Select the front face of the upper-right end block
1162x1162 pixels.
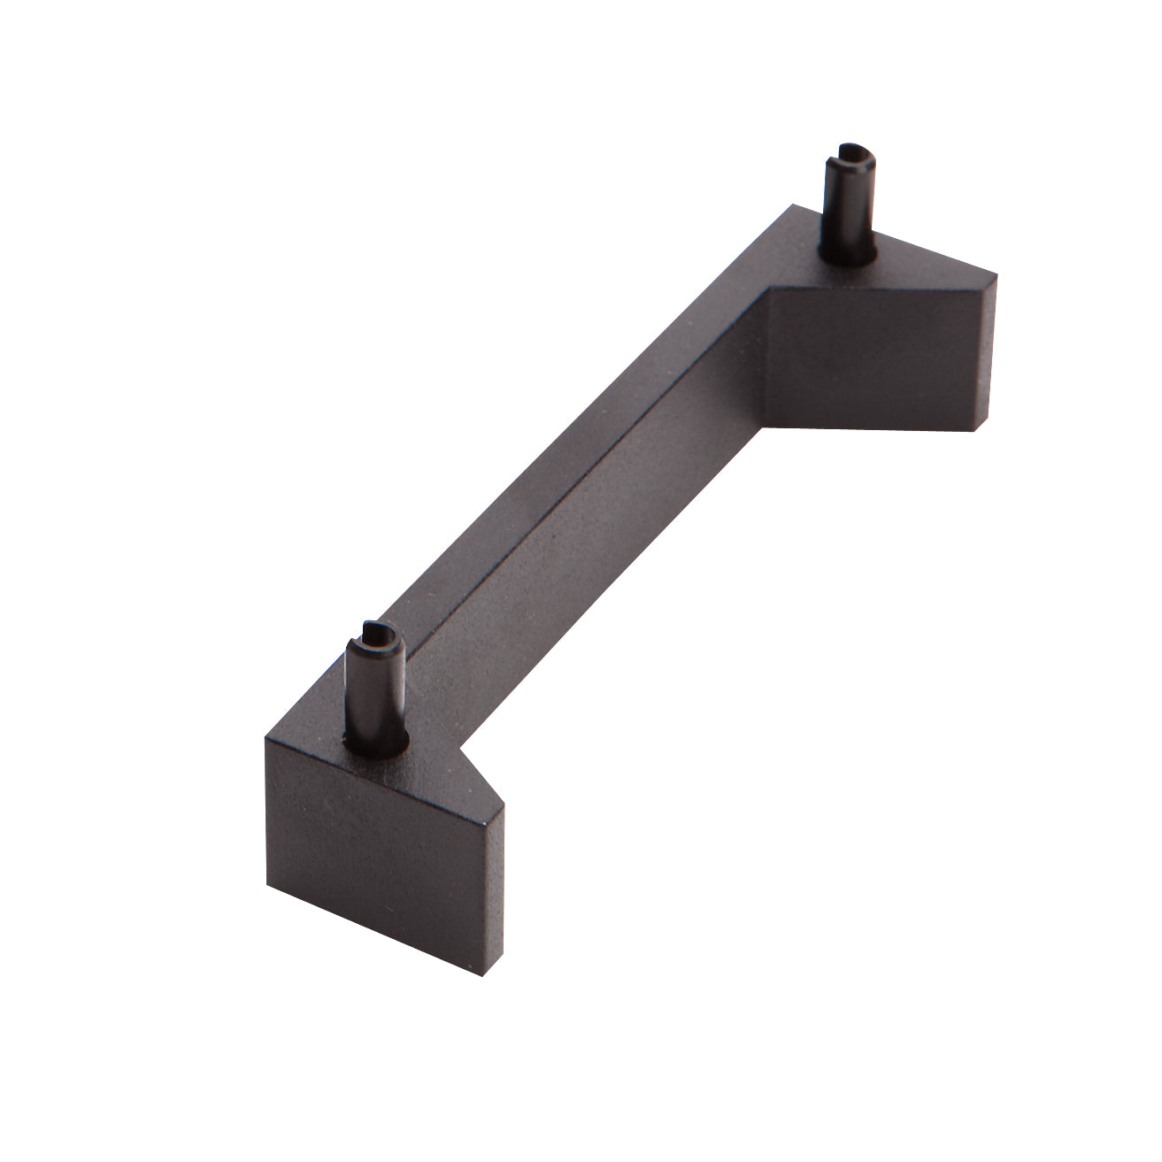[x=881, y=358]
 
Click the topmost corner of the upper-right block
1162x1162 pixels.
[x=790, y=206]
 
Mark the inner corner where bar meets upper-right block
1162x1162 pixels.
[x=766, y=292]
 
